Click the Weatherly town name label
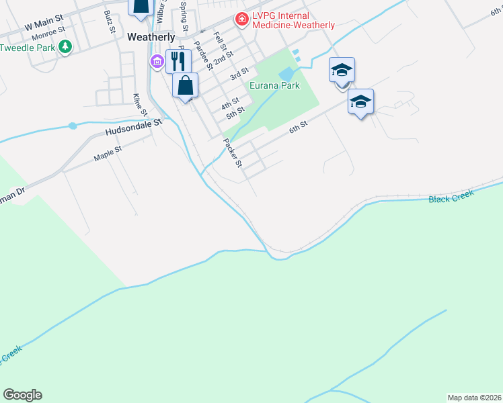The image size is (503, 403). tap(151, 38)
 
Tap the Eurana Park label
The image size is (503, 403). tap(274, 86)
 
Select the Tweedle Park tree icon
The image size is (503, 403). tap(65, 47)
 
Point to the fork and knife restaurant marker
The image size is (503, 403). tap(178, 61)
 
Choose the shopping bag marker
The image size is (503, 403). tap(186, 85)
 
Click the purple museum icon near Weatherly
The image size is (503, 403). tap(157, 62)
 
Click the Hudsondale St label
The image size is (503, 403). tap(134, 127)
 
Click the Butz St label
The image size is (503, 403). tap(110, 21)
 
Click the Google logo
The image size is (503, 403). tap(22, 395)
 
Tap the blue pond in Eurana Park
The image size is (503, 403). tap(287, 73)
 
